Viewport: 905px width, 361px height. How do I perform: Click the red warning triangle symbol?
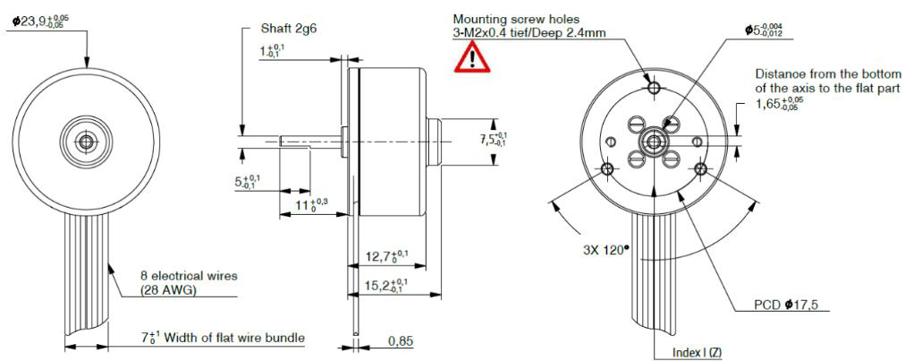point(467,59)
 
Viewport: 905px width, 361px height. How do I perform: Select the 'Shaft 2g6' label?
point(287,30)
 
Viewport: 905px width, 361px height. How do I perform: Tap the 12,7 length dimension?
point(387,257)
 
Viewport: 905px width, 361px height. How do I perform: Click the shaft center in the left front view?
point(87,142)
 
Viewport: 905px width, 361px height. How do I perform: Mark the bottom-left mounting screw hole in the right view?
point(609,168)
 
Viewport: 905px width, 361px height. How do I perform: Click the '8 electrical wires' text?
point(188,276)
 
